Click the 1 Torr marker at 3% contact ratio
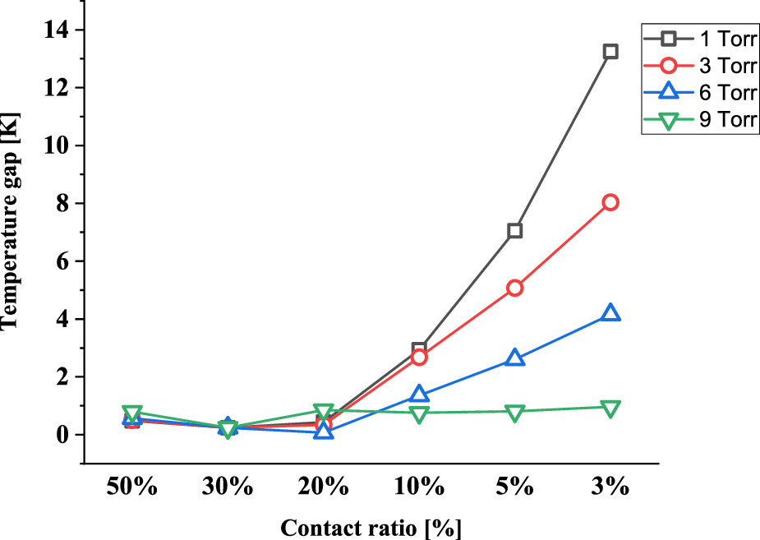610,51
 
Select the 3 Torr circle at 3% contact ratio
610,202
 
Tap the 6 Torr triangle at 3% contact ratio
610,313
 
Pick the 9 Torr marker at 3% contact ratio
610,408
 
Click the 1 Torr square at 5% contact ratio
514,230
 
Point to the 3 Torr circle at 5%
514,288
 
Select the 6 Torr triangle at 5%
514,358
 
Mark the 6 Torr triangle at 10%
419,395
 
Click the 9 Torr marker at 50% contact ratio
132,413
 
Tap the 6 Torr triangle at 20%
323,431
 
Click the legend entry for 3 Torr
698,64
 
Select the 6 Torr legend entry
698,92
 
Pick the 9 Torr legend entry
698,120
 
